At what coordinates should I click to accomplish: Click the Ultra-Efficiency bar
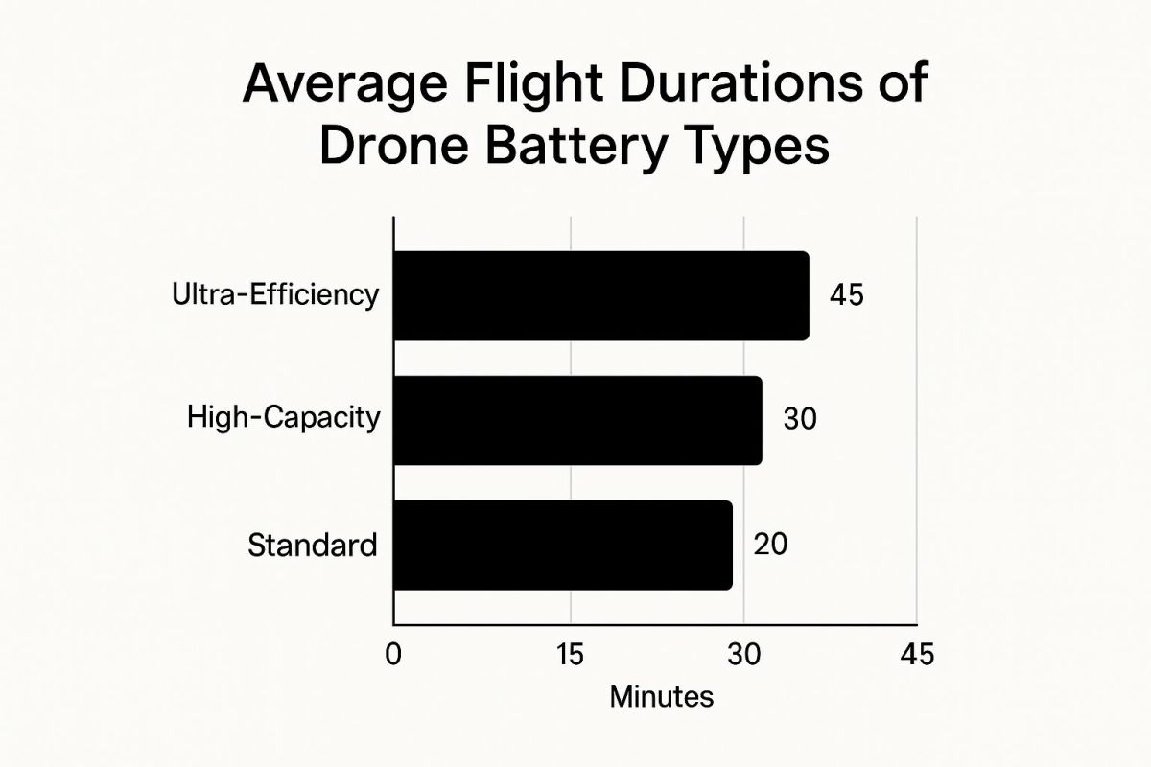tap(601, 295)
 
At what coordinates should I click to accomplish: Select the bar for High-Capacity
tap(578, 420)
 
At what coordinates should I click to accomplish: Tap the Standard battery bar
tap(563, 546)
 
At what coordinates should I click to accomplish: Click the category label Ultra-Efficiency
tap(275, 296)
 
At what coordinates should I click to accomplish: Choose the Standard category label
tap(313, 546)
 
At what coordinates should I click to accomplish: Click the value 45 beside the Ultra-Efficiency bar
tap(847, 295)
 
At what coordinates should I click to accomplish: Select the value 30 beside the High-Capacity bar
tap(800, 418)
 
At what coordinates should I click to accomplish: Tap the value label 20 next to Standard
tap(770, 544)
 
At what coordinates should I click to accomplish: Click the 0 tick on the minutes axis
tap(393, 655)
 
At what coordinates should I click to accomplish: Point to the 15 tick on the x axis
tap(571, 655)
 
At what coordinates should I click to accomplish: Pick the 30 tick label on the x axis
tap(744, 655)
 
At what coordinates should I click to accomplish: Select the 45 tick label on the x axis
tap(917, 655)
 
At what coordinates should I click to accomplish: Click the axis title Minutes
tap(661, 698)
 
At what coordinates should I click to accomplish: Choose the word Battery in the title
tap(576, 149)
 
